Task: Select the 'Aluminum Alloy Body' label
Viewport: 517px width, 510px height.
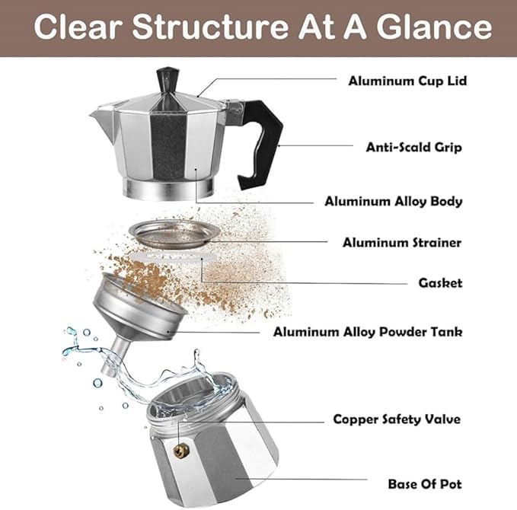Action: pyautogui.click(x=394, y=202)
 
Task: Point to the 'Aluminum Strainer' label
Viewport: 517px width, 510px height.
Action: pyautogui.click(x=402, y=243)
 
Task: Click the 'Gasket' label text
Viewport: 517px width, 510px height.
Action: pyautogui.click(x=440, y=283)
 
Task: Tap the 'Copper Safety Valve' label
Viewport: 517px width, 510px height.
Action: pyautogui.click(x=397, y=419)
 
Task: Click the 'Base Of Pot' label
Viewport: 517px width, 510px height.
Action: pyautogui.click(x=424, y=483)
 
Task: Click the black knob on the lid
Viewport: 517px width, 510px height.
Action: pyautogui.click(x=167, y=81)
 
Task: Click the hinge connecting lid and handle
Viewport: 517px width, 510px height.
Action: pyautogui.click(x=235, y=101)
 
